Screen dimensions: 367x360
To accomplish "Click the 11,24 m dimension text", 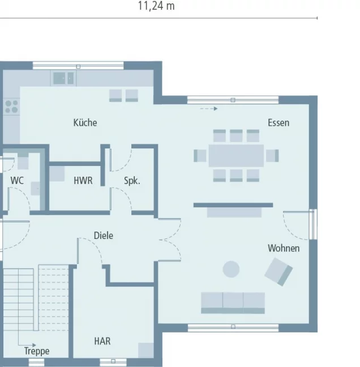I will point(156,6).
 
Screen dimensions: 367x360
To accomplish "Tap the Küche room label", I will point(85,122).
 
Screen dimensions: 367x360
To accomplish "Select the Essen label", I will point(278,122).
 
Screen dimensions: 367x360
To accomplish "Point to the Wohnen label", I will point(284,248).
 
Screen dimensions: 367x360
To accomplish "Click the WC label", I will point(17,181).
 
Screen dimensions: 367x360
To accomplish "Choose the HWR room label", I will point(83,181).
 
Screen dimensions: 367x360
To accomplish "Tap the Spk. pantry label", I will point(132,181).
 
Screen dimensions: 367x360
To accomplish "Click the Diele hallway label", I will point(103,235).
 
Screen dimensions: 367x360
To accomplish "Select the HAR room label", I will point(102,342).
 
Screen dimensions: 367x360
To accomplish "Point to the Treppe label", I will point(37,351).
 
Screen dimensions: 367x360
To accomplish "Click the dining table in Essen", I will point(236,155).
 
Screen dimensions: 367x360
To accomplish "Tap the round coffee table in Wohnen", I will point(231,269).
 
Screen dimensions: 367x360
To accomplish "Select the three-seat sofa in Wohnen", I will point(233,302).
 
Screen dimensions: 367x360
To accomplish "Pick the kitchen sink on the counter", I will point(63,78).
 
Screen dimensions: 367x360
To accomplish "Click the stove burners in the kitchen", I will point(11,106).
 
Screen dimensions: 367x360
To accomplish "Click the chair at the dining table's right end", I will point(273,155).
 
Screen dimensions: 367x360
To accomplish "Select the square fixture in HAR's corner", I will point(145,351).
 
